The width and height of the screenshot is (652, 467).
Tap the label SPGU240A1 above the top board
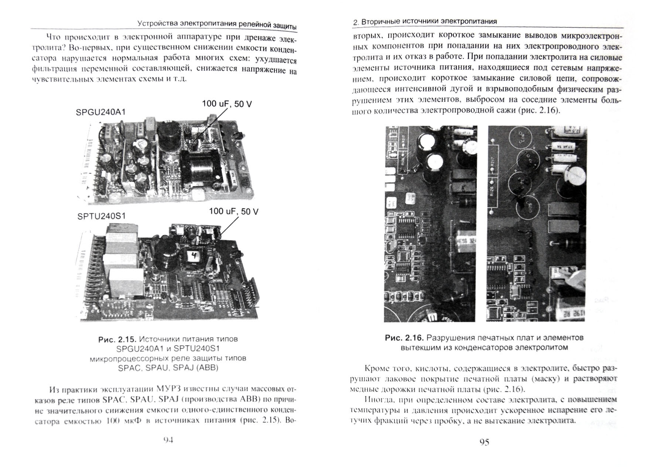(100, 112)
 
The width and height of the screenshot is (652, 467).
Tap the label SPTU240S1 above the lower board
(102, 216)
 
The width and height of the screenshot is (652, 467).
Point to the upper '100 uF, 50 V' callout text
(227, 104)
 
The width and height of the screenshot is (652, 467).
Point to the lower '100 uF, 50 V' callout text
(233, 212)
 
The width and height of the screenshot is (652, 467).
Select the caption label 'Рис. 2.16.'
(404, 338)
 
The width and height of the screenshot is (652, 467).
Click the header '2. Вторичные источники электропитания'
(425, 22)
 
